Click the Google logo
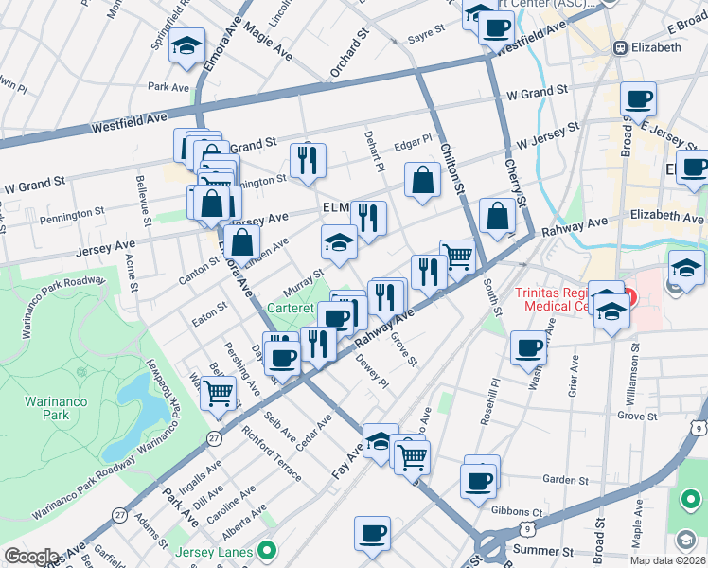(x=31, y=556)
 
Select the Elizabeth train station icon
(x=620, y=47)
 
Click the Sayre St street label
(x=426, y=32)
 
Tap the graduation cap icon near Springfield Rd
(x=187, y=45)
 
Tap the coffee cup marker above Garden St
(x=480, y=478)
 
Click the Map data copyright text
(x=667, y=560)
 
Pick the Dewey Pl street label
(x=372, y=370)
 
